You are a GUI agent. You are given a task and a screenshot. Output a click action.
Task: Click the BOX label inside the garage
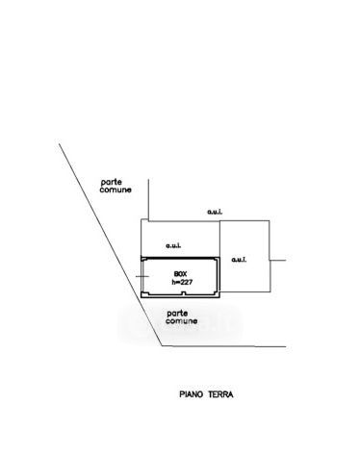coord(180,274)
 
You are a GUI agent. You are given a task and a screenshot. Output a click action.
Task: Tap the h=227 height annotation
coord(182,282)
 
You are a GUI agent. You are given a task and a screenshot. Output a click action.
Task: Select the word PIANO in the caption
coord(192,394)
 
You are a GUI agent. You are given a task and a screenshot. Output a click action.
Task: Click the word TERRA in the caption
coord(220,394)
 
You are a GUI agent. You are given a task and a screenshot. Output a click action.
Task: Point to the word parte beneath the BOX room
coord(177,314)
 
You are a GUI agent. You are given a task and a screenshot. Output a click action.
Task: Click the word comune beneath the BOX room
coord(181,321)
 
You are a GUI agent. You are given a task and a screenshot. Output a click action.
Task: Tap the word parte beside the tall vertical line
coord(112,183)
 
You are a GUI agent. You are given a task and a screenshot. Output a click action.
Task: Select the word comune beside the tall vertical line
coord(116,190)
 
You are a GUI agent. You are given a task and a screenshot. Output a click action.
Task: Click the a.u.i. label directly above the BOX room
coord(173,246)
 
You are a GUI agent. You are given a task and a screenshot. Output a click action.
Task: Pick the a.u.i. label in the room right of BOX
coord(239,260)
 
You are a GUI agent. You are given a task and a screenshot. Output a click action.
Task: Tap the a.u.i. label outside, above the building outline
coord(215,212)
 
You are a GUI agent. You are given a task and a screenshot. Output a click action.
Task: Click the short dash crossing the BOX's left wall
coord(142,276)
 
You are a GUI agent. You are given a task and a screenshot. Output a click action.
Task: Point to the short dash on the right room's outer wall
coord(277,261)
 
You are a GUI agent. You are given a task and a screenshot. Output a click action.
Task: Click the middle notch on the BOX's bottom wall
coord(183,293)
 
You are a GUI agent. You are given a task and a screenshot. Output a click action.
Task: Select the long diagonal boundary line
coord(111,244)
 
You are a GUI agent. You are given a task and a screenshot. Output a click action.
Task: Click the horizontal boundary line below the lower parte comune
coord(224,346)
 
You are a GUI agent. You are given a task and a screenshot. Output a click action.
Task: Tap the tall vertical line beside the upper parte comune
coord(148,200)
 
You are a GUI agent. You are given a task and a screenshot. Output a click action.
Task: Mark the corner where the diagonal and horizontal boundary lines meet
coord(163,346)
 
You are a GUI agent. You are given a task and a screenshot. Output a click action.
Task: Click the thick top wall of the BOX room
coord(180,258)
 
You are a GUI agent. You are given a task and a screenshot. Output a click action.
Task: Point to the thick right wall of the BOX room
coord(219,277)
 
